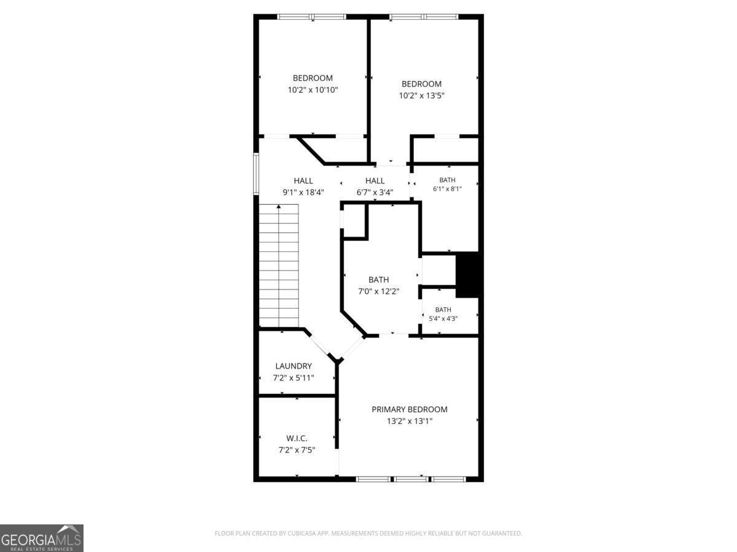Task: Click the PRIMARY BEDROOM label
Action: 409,409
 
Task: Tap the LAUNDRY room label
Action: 294,366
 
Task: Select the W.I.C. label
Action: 297,438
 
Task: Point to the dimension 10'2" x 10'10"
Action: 313,90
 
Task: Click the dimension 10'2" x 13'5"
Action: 421,96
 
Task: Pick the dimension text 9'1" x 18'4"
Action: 303,193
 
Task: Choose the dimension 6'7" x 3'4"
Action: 375,193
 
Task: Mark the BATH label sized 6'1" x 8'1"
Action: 447,180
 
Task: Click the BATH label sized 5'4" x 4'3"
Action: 443,310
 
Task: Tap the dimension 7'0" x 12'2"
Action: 379,291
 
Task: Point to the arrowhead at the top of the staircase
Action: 279,207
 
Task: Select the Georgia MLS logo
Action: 42,539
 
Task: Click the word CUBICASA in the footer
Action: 302,533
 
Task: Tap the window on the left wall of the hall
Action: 256,174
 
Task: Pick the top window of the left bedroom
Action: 311,17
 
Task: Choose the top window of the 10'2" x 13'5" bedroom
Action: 424,17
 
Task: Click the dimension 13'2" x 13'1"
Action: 409,421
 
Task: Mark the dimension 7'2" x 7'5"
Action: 297,450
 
